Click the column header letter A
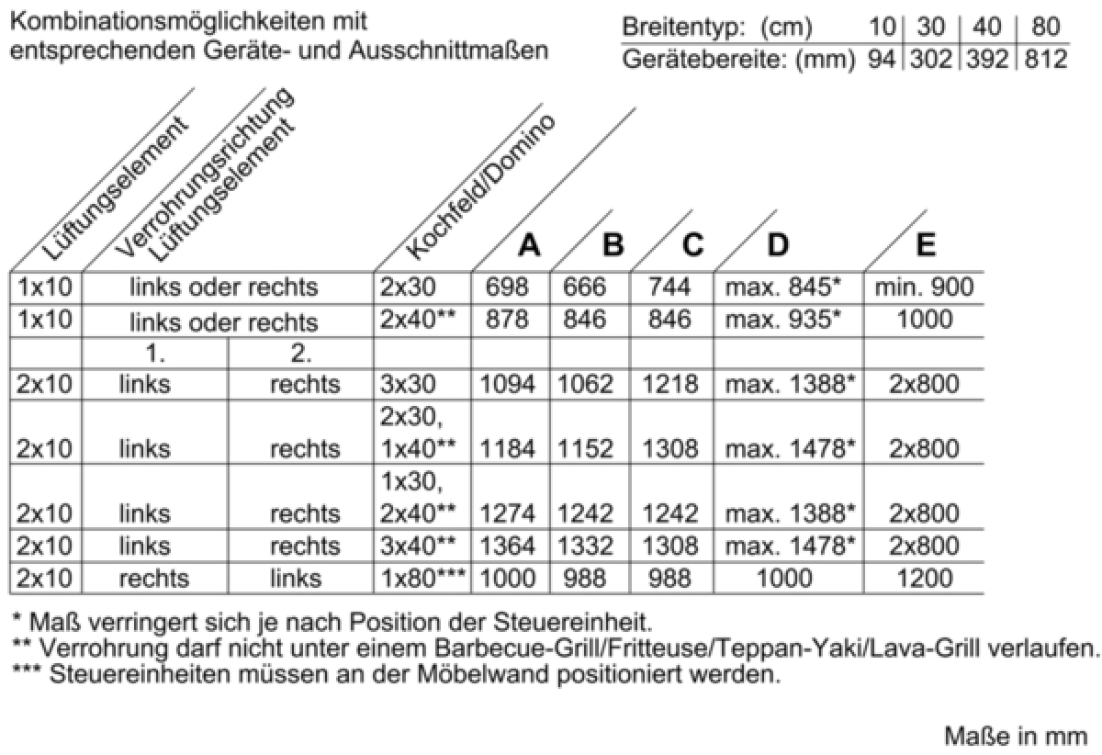click(x=529, y=245)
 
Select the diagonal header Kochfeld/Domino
click(x=481, y=189)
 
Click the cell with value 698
click(x=511, y=287)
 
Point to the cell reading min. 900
click(x=925, y=287)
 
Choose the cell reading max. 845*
click(x=783, y=287)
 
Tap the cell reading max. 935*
click(x=783, y=321)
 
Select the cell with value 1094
click(x=511, y=385)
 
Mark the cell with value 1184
click(x=511, y=449)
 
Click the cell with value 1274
click(x=511, y=513)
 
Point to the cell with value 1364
click(x=511, y=547)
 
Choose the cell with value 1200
click(x=925, y=579)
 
